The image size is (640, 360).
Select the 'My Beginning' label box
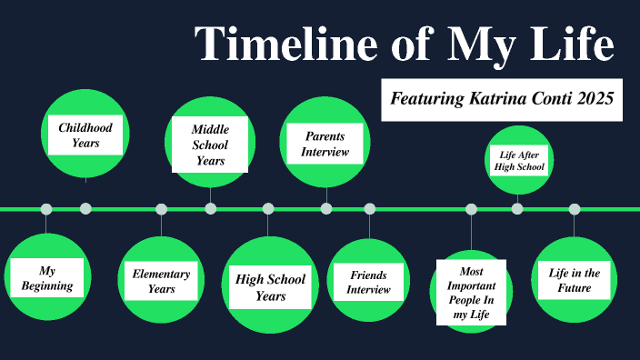tap(47, 278)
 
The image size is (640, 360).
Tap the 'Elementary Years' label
tap(161, 281)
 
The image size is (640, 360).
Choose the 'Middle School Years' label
tap(210, 145)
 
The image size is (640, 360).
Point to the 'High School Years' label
tap(270, 286)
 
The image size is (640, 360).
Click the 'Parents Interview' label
tap(325, 144)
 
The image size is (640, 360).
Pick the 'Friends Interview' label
tap(368, 282)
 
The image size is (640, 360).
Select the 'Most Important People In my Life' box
tap(471, 292)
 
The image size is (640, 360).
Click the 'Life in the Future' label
tap(575, 280)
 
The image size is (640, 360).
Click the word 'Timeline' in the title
tap(275, 44)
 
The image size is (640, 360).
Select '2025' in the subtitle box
tap(595, 98)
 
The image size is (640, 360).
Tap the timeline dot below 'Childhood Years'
tap(85, 209)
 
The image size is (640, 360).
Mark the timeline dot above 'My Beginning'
tap(46, 209)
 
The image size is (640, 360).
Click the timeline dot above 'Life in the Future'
tap(575, 209)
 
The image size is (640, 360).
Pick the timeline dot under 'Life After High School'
tap(517, 209)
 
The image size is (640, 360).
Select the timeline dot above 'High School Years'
tap(268, 209)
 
